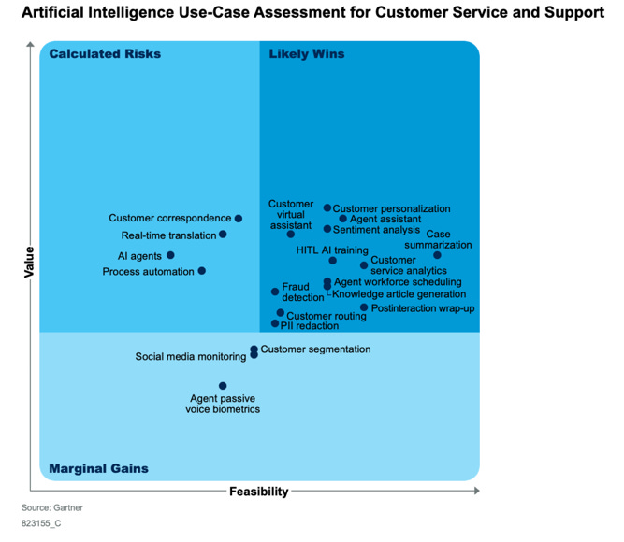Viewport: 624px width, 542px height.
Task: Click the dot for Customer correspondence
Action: pyautogui.click(x=239, y=219)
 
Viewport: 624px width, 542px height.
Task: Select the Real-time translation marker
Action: pyautogui.click(x=224, y=235)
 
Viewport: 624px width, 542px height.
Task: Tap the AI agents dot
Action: pyautogui.click(x=170, y=255)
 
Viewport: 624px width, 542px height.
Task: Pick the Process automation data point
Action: pyautogui.click(x=202, y=271)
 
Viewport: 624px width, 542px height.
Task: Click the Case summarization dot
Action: pyautogui.click(x=437, y=255)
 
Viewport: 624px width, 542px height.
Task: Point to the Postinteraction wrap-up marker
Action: pyautogui.click(x=365, y=307)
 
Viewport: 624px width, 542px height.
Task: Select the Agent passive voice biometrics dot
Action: pyautogui.click(x=223, y=386)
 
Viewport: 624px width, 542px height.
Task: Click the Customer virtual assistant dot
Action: pyautogui.click(x=291, y=234)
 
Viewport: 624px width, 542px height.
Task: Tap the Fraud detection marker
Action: pyautogui.click(x=275, y=292)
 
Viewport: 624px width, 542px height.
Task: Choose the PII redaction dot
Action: pyautogui.click(x=275, y=324)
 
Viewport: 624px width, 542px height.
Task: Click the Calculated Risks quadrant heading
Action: pyautogui.click(x=105, y=53)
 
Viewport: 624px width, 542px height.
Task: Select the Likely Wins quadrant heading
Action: pyautogui.click(x=307, y=53)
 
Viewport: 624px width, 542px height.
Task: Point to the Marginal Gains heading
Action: pyautogui.click(x=98, y=468)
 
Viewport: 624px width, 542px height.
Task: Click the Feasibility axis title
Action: pyautogui.click(x=259, y=492)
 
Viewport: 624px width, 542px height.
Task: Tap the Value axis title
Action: pyautogui.click(x=29, y=262)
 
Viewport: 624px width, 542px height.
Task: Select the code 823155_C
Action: pyautogui.click(x=42, y=524)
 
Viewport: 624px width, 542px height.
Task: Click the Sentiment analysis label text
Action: pyautogui.click(x=377, y=230)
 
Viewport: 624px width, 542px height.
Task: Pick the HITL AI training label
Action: pyautogui.click(x=332, y=250)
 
